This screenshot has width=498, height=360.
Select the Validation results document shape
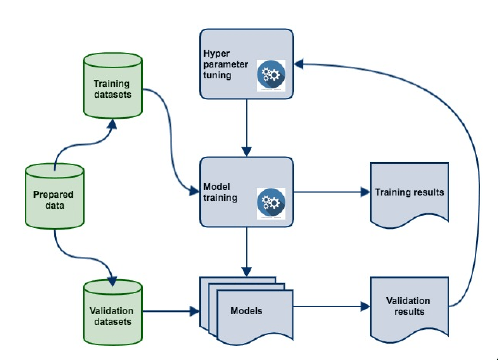click(409, 306)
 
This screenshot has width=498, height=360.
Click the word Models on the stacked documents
click(246, 311)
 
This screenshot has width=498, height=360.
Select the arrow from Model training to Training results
click(330, 192)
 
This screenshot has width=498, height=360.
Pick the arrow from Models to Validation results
click(330, 306)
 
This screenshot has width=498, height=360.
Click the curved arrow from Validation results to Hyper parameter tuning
click(475, 175)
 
